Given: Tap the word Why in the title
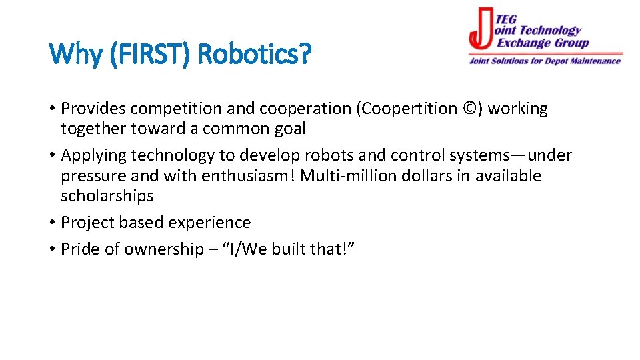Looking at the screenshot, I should click(x=73, y=53).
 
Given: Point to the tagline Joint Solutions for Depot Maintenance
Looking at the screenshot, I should click(x=545, y=61).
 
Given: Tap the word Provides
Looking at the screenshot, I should click(x=93, y=109).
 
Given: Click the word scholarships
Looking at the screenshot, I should click(x=107, y=196).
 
